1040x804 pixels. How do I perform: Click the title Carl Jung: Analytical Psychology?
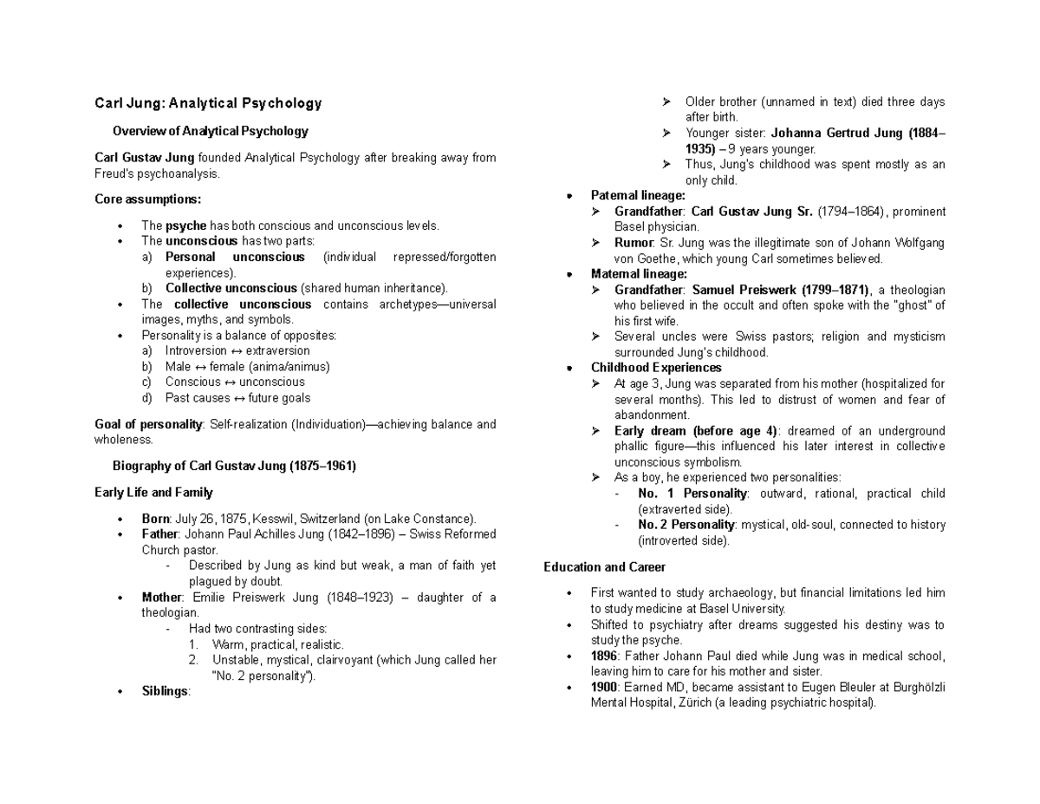(208, 103)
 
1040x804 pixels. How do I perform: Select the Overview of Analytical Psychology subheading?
(211, 132)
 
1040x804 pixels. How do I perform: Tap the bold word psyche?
(185, 226)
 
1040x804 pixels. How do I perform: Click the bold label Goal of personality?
(147, 424)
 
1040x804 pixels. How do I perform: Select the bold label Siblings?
(165, 691)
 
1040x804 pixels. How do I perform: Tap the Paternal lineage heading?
(638, 195)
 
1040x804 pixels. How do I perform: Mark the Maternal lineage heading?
(639, 274)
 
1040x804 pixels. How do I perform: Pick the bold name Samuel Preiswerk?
(741, 290)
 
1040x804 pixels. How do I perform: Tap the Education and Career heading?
(604, 567)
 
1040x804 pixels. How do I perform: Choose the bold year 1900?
(603, 687)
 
